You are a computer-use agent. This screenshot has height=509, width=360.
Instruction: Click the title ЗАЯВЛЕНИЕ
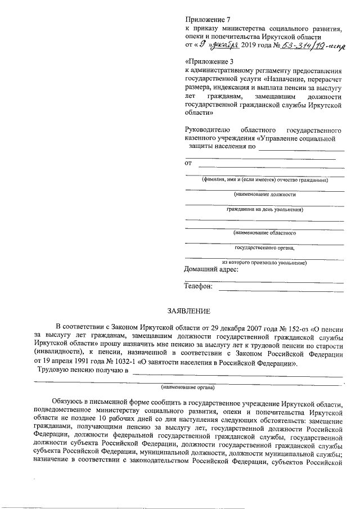tap(188, 311)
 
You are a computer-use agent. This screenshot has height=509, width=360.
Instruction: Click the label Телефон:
tap(199, 287)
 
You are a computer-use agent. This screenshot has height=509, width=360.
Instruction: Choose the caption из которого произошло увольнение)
tap(264, 262)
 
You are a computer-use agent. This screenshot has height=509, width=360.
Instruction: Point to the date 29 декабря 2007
tap(206, 327)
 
